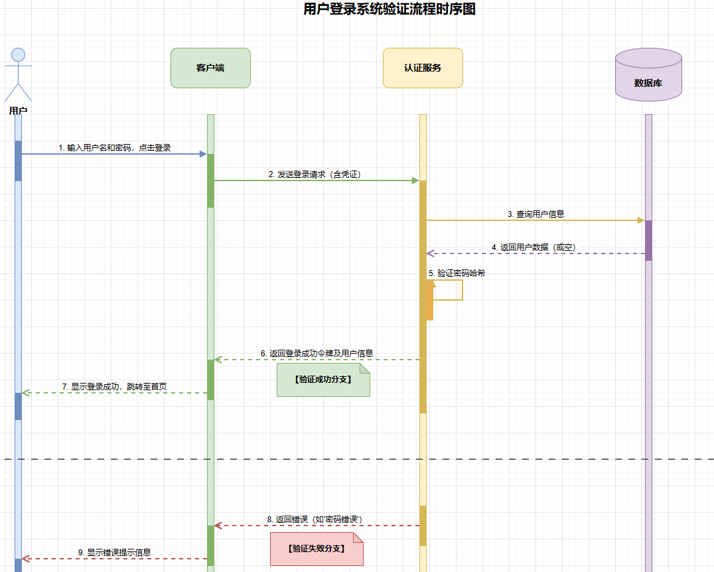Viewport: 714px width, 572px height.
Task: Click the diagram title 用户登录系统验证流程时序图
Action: pos(389,9)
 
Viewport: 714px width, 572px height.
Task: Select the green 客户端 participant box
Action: pos(210,68)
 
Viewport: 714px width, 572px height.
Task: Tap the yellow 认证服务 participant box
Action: pos(423,68)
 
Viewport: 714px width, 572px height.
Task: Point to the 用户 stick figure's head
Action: pos(19,54)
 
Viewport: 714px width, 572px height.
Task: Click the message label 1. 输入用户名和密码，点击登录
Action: pos(115,147)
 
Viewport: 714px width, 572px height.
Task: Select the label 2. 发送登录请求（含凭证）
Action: pos(315,174)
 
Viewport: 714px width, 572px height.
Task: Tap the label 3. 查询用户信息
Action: pos(535,214)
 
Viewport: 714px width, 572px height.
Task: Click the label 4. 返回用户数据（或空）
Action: pos(534,247)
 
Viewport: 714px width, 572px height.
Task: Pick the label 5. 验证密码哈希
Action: pos(457,273)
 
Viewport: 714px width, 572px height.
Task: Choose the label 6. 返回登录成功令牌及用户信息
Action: pos(317,353)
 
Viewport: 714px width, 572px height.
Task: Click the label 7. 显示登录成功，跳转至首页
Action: pos(115,386)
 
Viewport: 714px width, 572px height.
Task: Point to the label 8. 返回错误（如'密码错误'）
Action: pos(315,519)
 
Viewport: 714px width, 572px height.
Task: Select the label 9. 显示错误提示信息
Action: pos(114,552)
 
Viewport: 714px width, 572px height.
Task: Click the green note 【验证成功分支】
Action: pos(322,380)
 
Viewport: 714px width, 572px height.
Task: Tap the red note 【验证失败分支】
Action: pos(317,549)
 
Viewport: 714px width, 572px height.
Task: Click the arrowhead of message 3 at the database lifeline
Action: pos(640,220)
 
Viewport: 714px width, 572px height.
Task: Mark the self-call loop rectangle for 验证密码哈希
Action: pos(449,290)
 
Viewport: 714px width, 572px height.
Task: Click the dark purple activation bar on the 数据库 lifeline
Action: pos(648,240)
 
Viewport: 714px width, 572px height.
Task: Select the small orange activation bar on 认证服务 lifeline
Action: pos(429,300)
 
